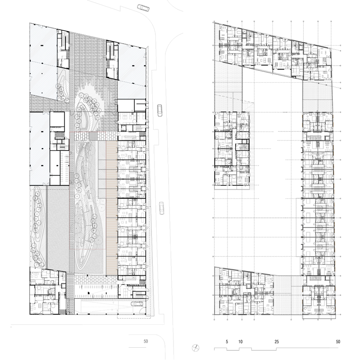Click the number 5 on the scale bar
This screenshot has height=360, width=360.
227,342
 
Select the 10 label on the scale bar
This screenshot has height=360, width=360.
240,342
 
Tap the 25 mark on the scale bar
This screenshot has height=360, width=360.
276,342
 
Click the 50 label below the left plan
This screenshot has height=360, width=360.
146,341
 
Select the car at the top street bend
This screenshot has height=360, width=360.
143,7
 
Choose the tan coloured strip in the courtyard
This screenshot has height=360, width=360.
111,207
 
